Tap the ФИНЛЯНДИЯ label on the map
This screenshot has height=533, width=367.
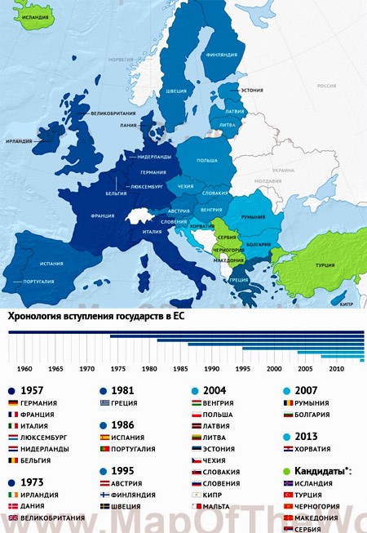pos(221,56)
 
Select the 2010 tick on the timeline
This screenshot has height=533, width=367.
pos(335,369)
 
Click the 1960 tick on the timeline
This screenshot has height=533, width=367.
pos(25,369)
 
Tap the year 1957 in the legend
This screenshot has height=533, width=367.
pos(33,390)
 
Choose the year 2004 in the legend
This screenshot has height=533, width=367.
pos(215,390)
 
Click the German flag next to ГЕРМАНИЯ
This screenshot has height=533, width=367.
pos(12,403)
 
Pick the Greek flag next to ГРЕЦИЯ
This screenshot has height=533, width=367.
pos(104,403)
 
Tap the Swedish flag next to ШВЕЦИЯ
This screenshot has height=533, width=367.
pos(104,506)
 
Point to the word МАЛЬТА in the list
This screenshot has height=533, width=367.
pos(217,506)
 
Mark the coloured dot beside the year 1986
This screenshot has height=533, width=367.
pos(103,425)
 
